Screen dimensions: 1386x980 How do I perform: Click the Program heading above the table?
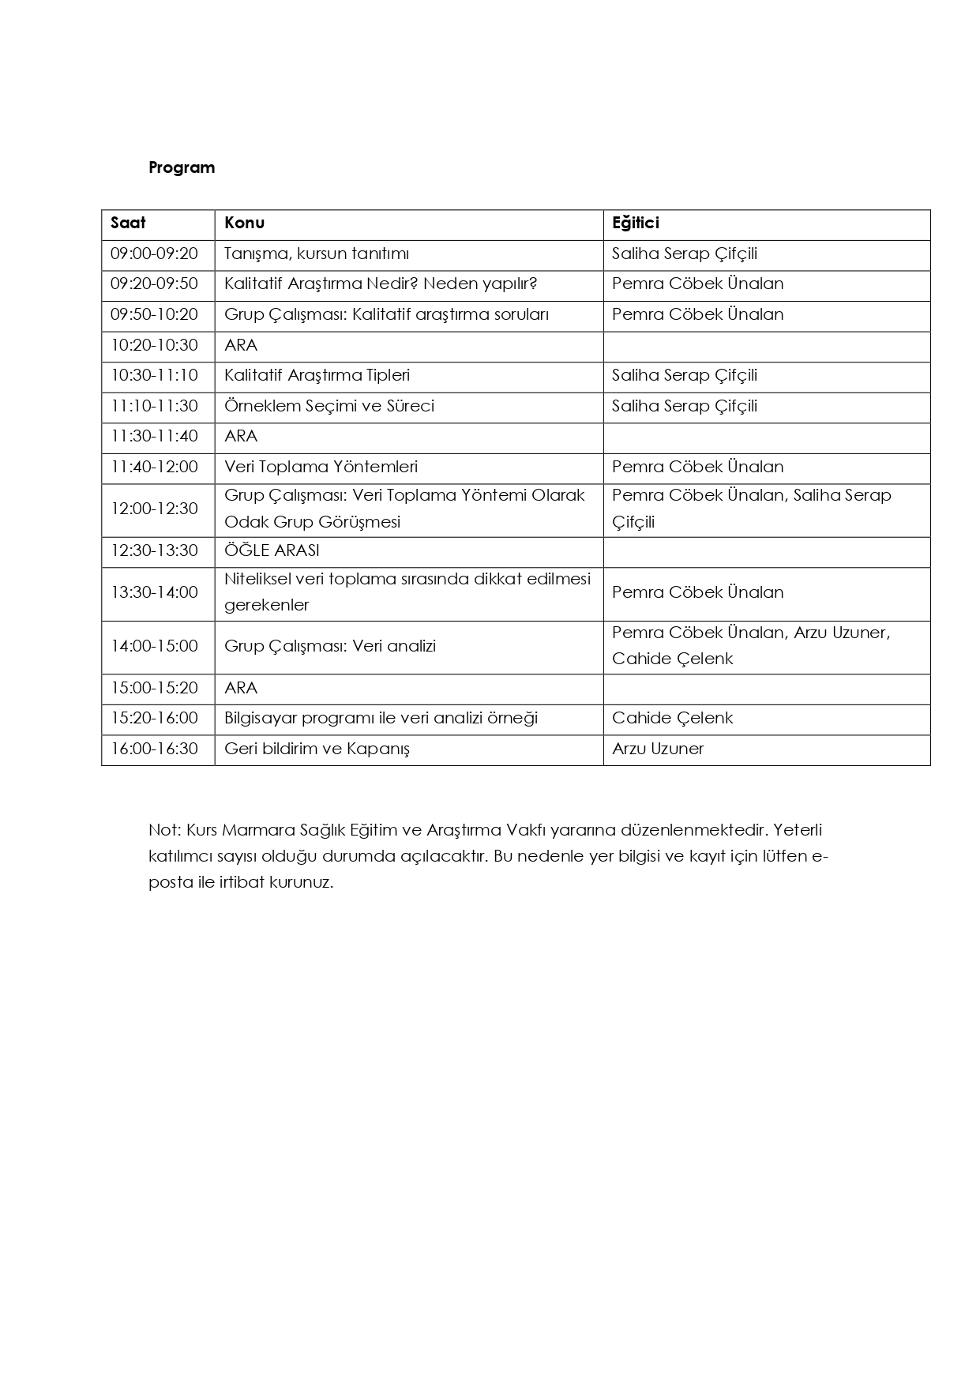tap(182, 167)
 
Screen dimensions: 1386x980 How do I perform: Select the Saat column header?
tap(128, 223)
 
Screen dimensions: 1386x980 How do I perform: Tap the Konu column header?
tap(244, 223)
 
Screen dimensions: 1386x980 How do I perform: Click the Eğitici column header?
tap(635, 223)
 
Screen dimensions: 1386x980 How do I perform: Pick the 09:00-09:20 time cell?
tap(154, 254)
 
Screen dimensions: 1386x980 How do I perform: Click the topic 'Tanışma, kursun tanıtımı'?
tap(317, 254)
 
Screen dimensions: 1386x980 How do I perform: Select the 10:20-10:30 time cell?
tap(154, 345)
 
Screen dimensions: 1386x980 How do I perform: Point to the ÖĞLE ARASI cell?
tap(272, 550)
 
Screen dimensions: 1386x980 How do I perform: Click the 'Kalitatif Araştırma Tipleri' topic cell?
tap(317, 375)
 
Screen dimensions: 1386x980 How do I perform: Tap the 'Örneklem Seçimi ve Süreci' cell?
tap(329, 406)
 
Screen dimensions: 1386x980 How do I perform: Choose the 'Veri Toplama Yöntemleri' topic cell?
tap(321, 467)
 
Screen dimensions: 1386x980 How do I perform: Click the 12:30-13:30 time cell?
tap(154, 550)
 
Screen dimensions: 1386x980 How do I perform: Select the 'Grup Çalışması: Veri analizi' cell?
tap(330, 646)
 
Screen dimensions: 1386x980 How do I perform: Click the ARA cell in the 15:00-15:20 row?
tap(241, 688)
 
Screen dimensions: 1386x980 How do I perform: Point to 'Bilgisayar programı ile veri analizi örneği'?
tap(381, 718)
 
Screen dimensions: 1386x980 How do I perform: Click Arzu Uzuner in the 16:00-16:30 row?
tap(657, 749)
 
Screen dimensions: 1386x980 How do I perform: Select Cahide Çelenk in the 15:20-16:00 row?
tap(672, 718)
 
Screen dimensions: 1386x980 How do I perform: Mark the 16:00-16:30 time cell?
tap(154, 749)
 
